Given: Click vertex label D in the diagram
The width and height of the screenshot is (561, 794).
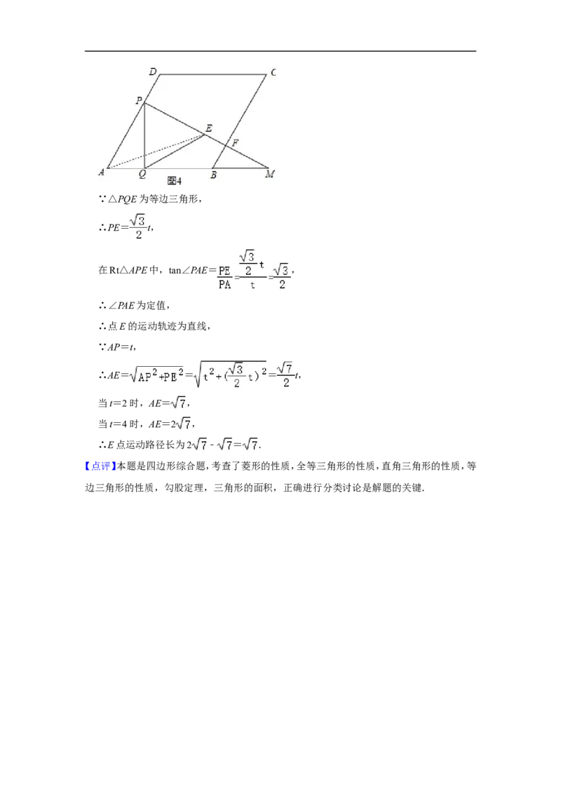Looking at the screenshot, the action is pos(153,72).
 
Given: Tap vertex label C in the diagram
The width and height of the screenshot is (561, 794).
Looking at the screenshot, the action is pos(273,72).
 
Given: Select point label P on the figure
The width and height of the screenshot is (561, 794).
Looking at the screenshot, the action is pos(139,100).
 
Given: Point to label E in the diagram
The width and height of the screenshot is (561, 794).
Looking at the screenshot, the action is pos(208,128).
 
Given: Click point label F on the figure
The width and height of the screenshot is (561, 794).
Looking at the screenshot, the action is pos(235,143).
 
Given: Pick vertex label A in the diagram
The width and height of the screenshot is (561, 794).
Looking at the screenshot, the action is pos(101,172).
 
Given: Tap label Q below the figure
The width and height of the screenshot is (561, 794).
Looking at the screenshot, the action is pos(142,174).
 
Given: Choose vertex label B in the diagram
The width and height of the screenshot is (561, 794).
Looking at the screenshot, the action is pos(214,175).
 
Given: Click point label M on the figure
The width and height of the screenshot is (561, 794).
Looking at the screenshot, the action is pos(270,174).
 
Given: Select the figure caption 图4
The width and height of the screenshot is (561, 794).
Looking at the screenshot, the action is pos(174,181).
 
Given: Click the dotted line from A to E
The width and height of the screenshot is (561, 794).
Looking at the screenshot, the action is pos(156,151).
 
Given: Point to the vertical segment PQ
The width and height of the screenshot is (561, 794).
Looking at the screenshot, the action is pos(144,135).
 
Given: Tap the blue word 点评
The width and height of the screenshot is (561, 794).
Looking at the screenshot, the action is pos(101,466).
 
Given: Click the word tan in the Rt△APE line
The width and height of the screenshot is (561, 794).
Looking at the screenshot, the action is pos(175,271).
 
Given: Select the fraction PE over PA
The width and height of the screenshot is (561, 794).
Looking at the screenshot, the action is pos(224,278).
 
